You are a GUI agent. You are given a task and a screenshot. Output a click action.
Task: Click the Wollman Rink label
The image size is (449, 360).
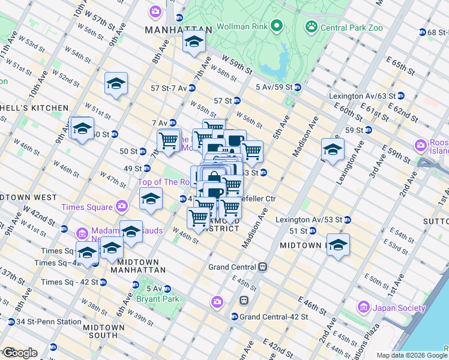click(x=241, y=26)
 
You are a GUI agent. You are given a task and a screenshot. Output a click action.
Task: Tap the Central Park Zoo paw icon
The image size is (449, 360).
click(x=311, y=26)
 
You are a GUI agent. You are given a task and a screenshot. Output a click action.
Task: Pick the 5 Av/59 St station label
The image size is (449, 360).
click(x=273, y=88)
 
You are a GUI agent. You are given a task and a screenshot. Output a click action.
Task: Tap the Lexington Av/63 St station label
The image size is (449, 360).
click(x=362, y=96)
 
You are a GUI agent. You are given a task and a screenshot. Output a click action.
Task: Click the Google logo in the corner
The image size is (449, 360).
click(x=20, y=353)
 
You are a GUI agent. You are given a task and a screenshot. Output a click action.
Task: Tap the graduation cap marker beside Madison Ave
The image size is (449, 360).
click(x=332, y=149)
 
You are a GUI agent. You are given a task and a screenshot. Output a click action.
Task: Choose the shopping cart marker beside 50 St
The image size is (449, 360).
click(x=169, y=141)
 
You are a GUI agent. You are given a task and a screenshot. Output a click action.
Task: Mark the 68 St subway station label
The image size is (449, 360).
click(x=434, y=32)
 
